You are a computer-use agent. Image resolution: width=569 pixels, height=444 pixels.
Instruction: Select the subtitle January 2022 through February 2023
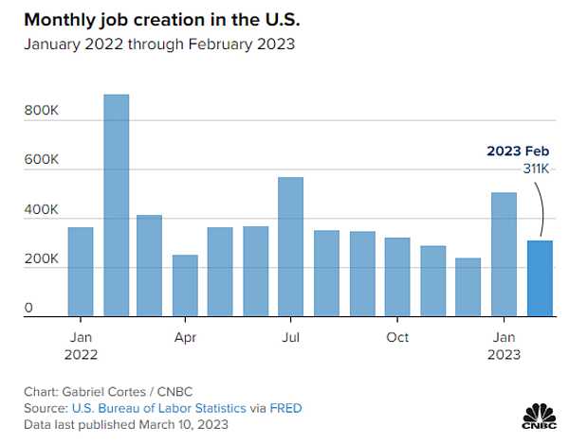point(158,44)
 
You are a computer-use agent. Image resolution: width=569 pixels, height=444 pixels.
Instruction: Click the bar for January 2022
point(81,272)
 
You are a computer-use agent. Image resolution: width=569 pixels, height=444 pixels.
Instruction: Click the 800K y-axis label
point(41,111)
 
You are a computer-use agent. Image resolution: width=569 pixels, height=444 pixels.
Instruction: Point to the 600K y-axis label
point(41,160)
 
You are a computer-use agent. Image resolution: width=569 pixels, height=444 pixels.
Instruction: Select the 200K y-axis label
point(41,258)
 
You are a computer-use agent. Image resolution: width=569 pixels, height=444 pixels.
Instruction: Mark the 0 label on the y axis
point(29,308)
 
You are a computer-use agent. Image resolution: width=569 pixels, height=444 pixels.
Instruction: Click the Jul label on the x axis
point(290,337)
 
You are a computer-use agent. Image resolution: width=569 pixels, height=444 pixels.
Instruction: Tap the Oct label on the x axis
point(397,337)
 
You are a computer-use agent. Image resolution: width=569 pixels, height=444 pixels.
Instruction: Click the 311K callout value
point(536,169)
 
